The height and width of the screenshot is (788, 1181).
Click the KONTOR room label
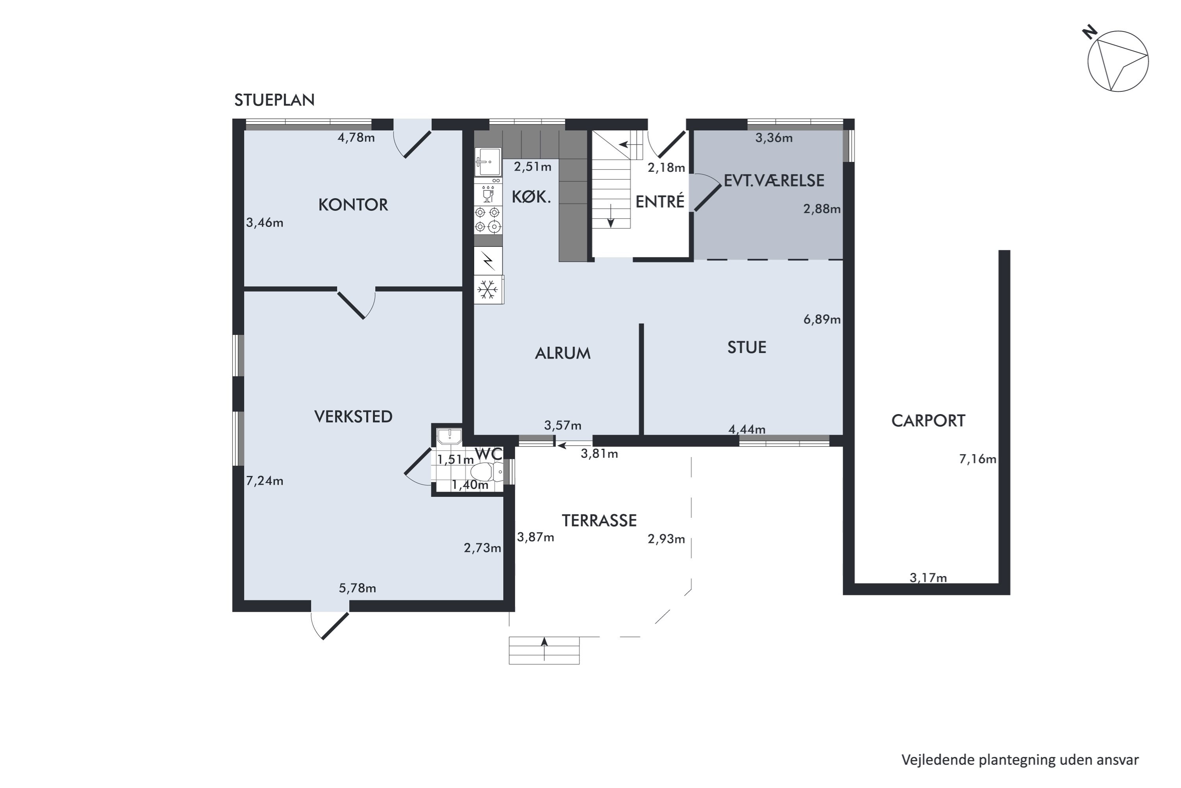(353, 204)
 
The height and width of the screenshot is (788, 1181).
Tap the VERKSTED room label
(353, 416)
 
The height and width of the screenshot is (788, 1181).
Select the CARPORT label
(928, 421)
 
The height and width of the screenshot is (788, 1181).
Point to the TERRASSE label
(599, 520)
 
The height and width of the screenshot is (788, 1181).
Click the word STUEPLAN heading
(274, 100)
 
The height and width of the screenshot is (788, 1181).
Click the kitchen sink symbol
(488, 162)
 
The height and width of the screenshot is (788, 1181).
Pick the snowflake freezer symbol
(488, 290)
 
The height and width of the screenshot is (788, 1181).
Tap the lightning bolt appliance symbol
(488, 261)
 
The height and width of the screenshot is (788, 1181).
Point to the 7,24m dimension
(265, 481)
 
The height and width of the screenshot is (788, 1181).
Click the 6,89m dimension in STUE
(822, 320)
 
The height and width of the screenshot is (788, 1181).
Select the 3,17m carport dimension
(928, 578)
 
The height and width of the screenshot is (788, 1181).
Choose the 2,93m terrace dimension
(666, 539)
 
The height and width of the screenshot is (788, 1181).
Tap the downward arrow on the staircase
(611, 216)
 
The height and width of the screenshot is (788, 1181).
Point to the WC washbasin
(449, 436)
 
